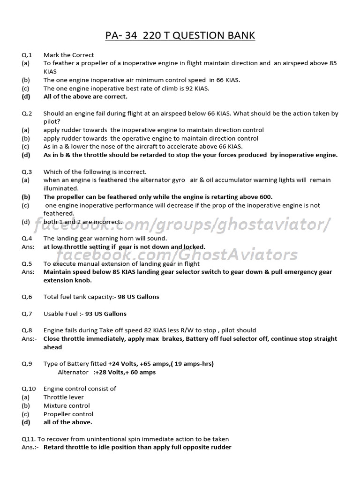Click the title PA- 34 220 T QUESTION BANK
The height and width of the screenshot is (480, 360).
coord(180,36)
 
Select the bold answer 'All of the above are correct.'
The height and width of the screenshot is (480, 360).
coord(85,97)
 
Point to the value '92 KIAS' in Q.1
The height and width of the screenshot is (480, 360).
coord(196,88)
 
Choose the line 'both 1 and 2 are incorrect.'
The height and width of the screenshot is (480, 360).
coord(83,222)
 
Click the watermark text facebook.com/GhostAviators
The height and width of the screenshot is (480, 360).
coord(177,255)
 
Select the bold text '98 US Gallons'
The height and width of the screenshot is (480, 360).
coord(138,297)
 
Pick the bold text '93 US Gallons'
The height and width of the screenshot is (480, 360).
coord(105,314)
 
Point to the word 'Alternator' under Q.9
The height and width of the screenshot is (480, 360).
coord(73,372)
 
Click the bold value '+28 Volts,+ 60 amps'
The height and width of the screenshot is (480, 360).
coord(125,372)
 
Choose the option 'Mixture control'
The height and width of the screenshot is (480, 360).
coord(67,405)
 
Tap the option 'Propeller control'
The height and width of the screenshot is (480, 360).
coord(68,414)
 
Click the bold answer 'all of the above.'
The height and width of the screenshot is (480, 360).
coord(68,422)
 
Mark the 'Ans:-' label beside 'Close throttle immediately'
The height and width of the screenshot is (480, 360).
coord(29,339)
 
